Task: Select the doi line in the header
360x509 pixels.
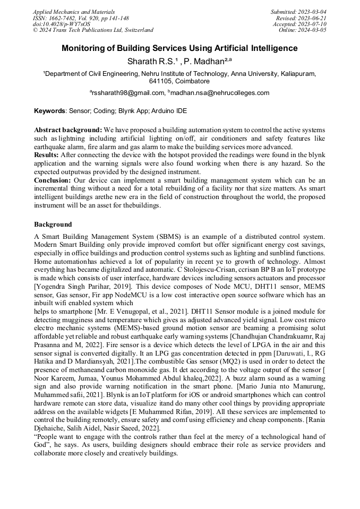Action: (61, 24)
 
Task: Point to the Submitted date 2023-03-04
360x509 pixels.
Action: (299, 11)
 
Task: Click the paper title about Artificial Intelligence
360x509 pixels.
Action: (179, 48)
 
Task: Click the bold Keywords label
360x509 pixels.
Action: (49, 111)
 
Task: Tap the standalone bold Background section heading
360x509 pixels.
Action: (53, 225)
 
